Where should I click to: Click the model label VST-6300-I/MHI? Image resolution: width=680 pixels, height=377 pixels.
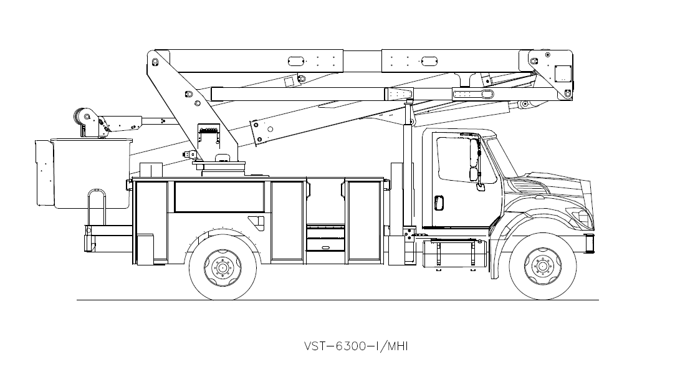click(x=355, y=346)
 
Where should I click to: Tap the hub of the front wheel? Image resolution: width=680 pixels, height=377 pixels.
click(x=540, y=267)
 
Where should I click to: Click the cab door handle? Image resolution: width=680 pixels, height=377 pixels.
click(x=438, y=203)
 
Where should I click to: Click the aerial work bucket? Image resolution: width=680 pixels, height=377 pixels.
click(x=91, y=173)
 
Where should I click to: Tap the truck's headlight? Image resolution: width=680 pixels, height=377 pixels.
click(x=583, y=218)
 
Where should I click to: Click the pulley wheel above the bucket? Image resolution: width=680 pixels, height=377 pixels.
click(x=82, y=116)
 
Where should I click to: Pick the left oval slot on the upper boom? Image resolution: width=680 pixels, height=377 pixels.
click(x=295, y=61)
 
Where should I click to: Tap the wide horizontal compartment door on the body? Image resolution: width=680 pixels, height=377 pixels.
click(x=218, y=196)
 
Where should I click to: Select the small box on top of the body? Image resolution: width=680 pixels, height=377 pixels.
click(x=151, y=169)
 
